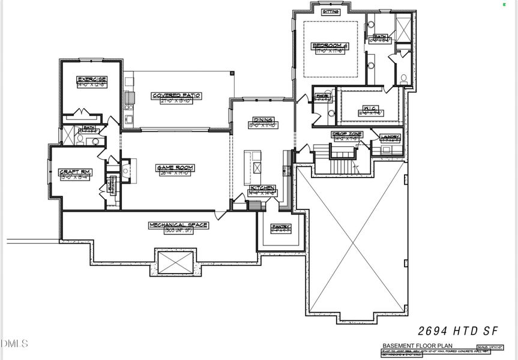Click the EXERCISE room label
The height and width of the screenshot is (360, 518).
coord(92,79)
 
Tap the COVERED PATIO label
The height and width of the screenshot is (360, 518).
coord(176,95)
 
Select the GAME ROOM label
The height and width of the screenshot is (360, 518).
coord(173,168)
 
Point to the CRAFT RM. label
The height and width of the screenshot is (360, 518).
coord(74,172)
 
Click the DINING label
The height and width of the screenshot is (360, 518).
coord(263,120)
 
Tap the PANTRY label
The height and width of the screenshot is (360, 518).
coord(280,227)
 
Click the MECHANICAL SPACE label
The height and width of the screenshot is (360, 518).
coord(178,225)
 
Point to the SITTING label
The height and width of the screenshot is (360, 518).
coord(331,11)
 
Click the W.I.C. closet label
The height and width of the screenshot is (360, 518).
coord(369,109)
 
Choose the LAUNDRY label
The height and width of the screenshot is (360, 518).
coord(390,137)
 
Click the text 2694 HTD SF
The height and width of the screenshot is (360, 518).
coord(457,331)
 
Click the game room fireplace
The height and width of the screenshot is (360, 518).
coord(126,171)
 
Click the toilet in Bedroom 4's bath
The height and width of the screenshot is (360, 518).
coord(403,78)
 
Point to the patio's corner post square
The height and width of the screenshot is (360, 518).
coord(233,73)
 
